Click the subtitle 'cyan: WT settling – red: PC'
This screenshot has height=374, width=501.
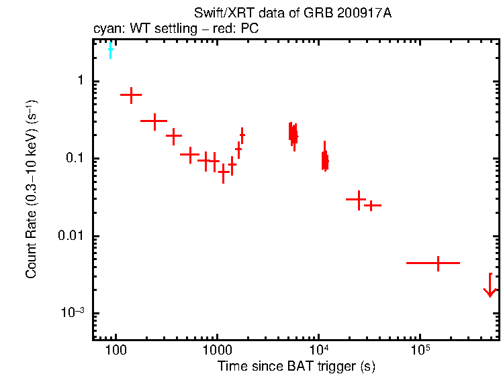[176, 29]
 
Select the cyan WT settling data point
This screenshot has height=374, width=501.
[111, 50]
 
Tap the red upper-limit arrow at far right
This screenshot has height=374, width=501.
[490, 289]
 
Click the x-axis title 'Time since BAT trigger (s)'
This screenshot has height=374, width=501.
[296, 366]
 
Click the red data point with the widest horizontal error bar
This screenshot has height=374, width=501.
[438, 263]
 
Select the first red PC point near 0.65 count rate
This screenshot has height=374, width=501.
[131, 95]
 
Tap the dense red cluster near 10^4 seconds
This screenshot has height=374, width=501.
[325, 160]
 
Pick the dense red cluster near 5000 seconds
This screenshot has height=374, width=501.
[293, 133]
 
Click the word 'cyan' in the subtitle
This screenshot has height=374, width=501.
[105, 29]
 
